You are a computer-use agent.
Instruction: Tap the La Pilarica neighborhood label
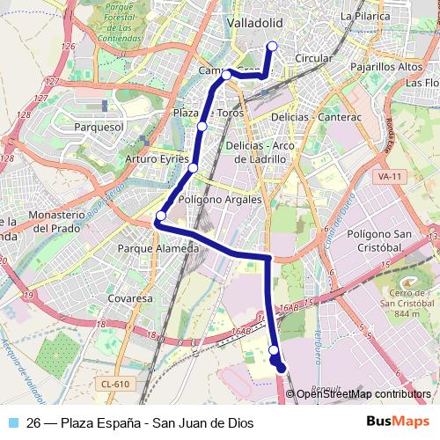(x=363, y=16)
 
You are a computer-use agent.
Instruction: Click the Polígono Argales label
(x=220, y=200)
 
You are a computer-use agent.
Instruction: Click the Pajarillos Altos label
(x=387, y=66)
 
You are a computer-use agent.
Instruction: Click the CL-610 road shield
(x=115, y=383)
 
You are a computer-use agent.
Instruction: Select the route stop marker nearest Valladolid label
(x=272, y=47)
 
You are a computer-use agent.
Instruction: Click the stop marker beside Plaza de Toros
(x=202, y=127)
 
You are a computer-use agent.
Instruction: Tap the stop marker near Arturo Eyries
(x=193, y=167)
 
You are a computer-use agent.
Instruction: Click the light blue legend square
(x=13, y=423)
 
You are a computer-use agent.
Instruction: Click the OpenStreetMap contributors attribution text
(x=364, y=393)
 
